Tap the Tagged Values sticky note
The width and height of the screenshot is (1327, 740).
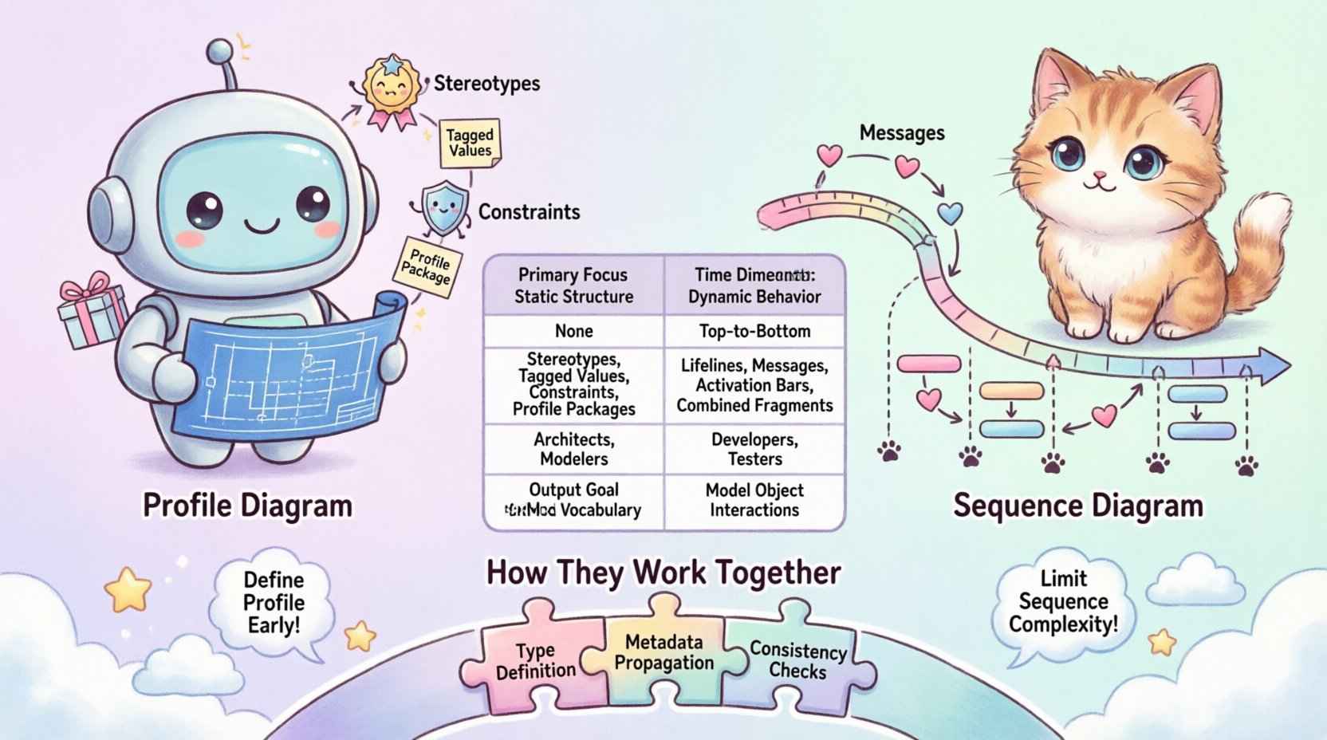tap(471, 143)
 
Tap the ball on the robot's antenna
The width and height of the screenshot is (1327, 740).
tap(220, 53)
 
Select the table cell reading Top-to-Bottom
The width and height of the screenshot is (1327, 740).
tap(754, 331)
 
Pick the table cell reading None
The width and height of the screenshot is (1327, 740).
tap(573, 331)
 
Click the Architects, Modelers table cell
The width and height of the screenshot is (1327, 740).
tap(573, 449)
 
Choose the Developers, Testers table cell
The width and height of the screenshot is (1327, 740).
tap(754, 449)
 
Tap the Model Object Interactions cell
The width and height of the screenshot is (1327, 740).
tap(754, 500)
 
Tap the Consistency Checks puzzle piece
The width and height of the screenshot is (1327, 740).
tap(797, 660)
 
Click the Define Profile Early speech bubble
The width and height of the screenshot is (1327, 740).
tap(273, 603)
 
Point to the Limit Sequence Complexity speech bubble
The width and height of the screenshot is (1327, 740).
tap(1063, 601)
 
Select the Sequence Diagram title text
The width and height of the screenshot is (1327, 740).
tap(1077, 506)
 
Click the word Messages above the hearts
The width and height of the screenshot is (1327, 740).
tap(902, 133)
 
